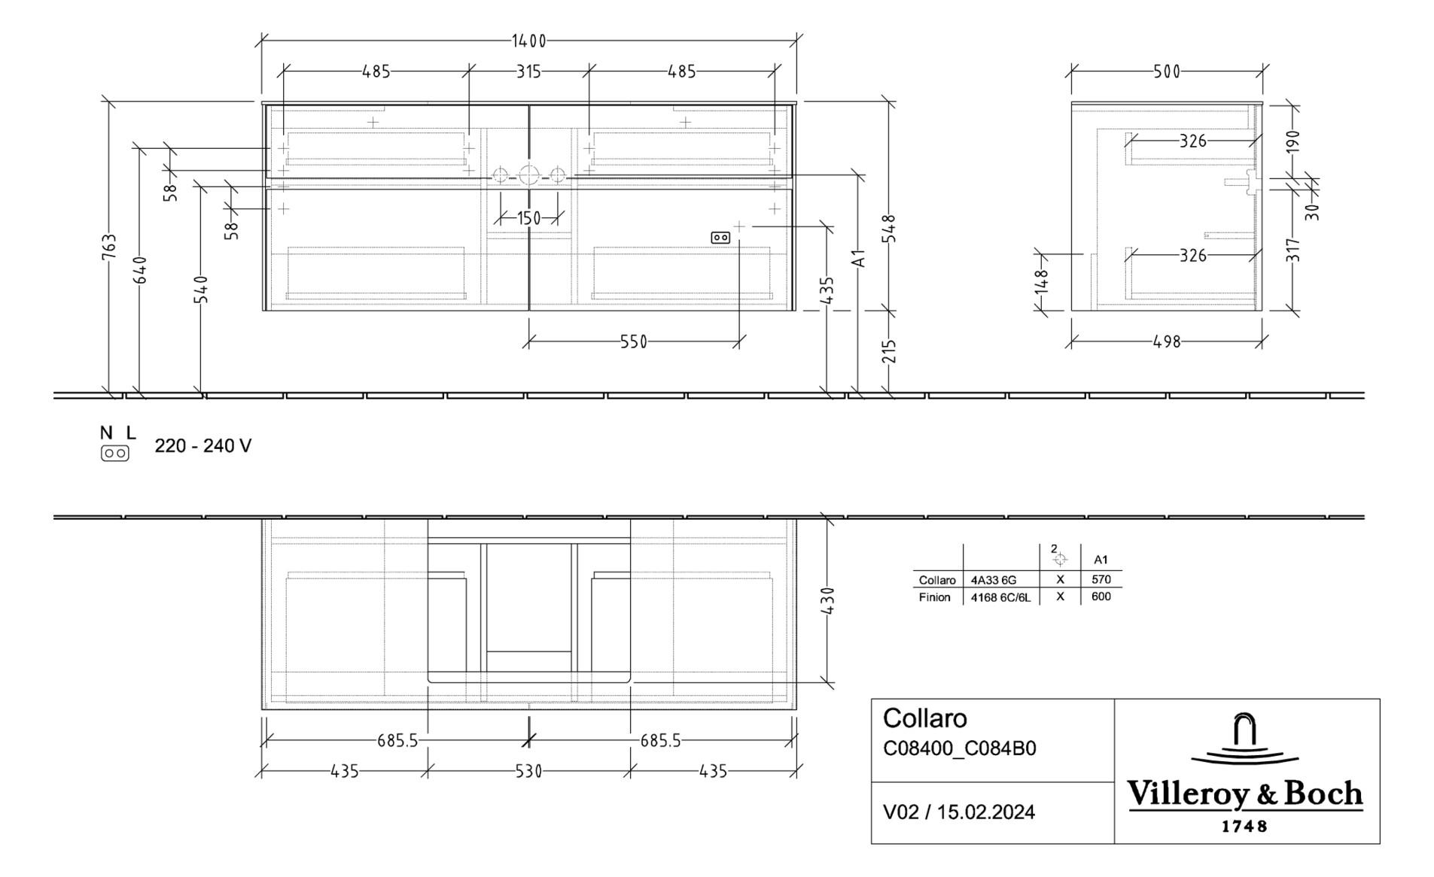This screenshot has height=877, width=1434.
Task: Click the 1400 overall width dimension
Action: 529,41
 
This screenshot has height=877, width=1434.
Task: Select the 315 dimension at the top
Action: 528,71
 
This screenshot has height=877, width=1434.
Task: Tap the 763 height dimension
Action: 110,248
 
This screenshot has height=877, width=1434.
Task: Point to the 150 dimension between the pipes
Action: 528,218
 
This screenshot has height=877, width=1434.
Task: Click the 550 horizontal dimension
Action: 633,341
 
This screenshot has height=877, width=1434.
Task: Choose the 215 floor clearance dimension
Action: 890,351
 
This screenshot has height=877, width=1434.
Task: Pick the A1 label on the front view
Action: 859,258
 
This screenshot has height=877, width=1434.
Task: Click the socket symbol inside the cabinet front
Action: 720,238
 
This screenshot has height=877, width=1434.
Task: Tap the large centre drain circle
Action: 528,175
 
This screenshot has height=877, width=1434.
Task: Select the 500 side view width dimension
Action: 1167,71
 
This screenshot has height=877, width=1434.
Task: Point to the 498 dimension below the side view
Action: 1167,341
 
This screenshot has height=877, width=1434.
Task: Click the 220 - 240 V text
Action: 202,446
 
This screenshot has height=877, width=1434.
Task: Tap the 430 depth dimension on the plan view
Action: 827,601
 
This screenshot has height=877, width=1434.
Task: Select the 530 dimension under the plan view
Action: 528,771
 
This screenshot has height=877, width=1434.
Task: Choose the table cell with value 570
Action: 1101,579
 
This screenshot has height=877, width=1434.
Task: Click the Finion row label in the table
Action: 934,597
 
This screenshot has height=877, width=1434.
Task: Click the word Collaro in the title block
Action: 924,718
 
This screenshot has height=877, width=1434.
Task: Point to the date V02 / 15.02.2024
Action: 958,812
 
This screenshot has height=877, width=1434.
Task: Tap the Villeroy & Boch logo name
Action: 1244,794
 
